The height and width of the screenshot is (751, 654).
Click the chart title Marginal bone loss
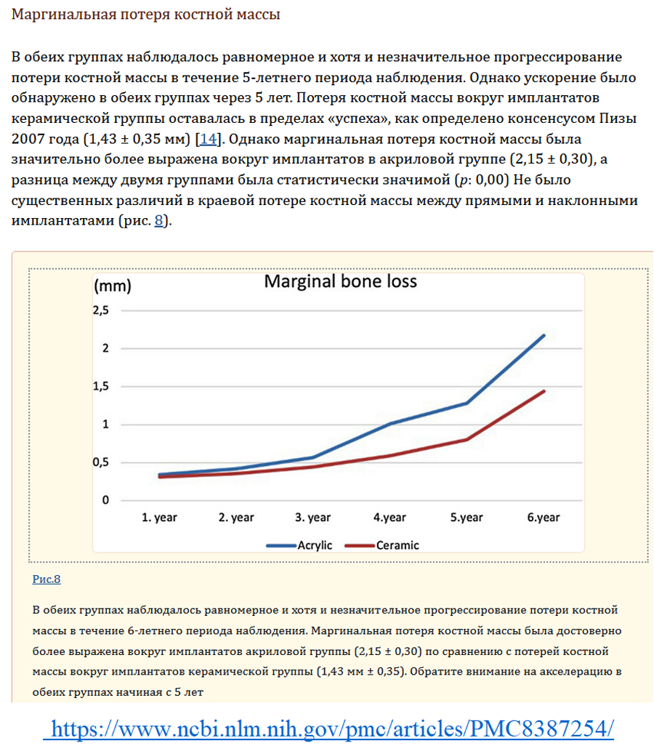[340, 281]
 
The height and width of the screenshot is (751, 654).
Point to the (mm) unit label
[113, 286]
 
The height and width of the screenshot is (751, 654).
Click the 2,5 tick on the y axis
[100, 310]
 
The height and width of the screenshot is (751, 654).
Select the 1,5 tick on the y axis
[100, 386]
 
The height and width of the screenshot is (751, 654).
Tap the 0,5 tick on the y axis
[100, 462]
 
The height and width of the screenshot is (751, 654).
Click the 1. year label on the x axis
[159, 518]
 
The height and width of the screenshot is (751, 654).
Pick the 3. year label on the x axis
[312, 518]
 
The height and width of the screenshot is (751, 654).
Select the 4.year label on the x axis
[389, 518]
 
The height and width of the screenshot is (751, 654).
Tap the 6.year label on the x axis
[544, 518]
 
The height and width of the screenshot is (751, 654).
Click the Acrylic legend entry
[299, 545]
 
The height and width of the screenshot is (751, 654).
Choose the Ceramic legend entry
[382, 545]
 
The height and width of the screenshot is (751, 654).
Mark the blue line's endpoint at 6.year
[544, 335]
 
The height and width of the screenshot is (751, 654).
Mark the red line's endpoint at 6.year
[544, 391]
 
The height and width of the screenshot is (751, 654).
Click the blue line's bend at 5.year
[467, 403]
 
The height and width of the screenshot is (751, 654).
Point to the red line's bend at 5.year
[467, 440]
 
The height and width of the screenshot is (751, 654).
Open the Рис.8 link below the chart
[47, 579]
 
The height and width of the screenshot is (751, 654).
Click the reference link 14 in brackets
[209, 139]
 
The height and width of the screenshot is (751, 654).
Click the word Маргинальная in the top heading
[64, 15]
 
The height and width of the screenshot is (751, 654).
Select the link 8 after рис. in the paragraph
[158, 221]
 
